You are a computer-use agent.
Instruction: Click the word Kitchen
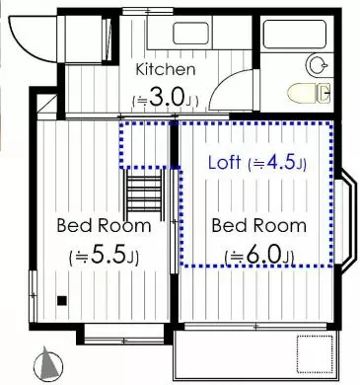tap(166, 69)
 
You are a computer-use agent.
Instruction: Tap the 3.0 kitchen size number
tap(166, 98)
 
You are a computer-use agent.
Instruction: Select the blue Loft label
tap(225, 162)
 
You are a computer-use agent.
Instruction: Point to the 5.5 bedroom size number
tap(108, 256)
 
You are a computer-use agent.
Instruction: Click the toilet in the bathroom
tap(309, 93)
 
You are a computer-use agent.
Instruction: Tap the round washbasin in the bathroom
tap(318, 65)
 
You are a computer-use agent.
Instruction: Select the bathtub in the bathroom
tap(295, 35)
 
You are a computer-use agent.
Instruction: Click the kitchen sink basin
tap(190, 34)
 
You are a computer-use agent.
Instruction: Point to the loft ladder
tap(144, 194)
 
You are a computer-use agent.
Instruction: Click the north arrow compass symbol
tap(48, 364)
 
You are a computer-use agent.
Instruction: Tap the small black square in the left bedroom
tap(62, 300)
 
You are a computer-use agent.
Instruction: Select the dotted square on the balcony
tap(317, 353)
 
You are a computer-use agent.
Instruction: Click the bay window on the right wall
tap(346, 221)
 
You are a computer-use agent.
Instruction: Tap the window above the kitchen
tap(148, 11)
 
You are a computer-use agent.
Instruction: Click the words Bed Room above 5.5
tap(104, 226)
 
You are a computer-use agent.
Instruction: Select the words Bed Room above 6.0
tap(258, 226)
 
